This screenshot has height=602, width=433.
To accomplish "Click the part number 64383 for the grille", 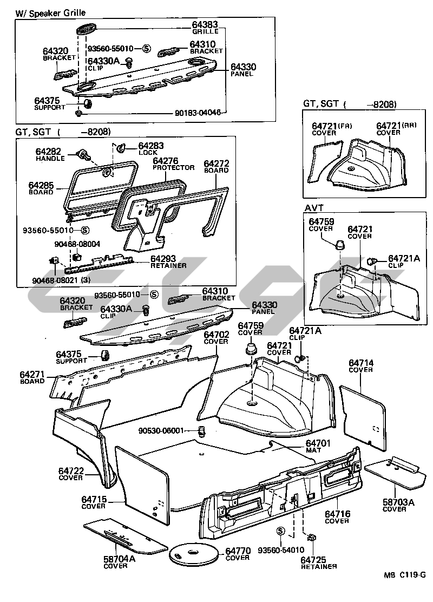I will (x=205, y=24).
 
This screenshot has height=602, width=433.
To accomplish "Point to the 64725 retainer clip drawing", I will (x=312, y=539).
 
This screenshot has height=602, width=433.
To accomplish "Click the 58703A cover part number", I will (x=398, y=502).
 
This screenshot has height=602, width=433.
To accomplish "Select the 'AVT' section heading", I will (x=312, y=208).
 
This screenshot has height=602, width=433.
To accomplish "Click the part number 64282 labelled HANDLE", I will (x=48, y=152).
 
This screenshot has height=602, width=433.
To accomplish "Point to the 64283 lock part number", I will (x=151, y=146).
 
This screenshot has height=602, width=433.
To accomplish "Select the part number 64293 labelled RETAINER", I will (x=165, y=259).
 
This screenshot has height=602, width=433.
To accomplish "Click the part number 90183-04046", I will (x=198, y=113).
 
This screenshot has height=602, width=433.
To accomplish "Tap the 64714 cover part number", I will (x=360, y=363).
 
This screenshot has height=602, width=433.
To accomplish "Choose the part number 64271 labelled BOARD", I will (x=32, y=374).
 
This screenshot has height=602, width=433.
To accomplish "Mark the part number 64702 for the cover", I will (x=216, y=335).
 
